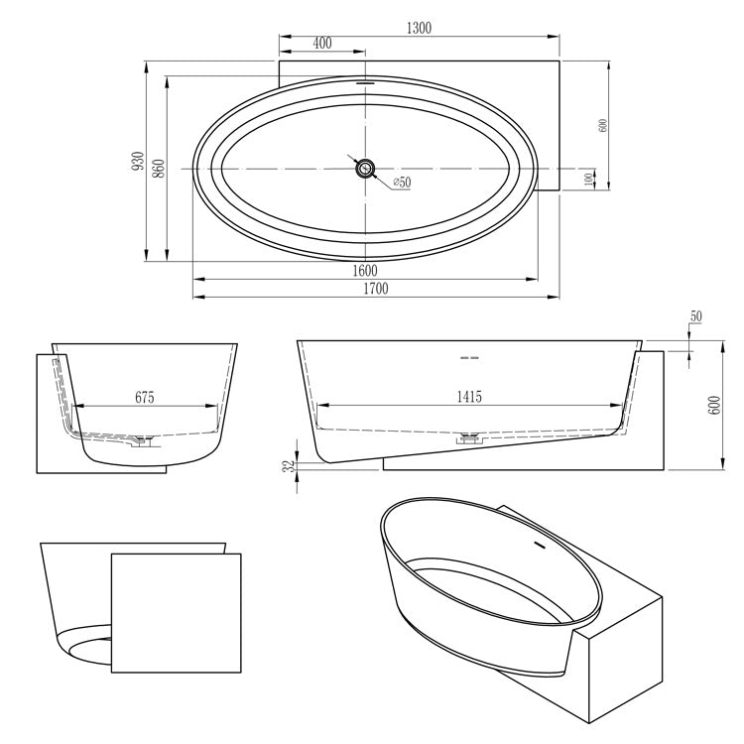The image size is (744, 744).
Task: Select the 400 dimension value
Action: tap(321, 45)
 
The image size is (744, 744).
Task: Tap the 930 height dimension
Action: tap(138, 161)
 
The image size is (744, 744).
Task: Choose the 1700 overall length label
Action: tap(373, 289)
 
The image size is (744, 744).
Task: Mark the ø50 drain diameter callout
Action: tap(402, 183)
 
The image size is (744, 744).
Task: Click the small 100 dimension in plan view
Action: tap(590, 179)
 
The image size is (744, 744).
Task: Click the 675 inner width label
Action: tap(146, 397)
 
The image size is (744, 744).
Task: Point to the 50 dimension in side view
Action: tap(695, 316)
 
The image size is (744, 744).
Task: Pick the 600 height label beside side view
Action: tap(713, 406)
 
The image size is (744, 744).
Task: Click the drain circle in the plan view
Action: tap(366, 168)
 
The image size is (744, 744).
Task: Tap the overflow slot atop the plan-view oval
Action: tap(366, 83)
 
